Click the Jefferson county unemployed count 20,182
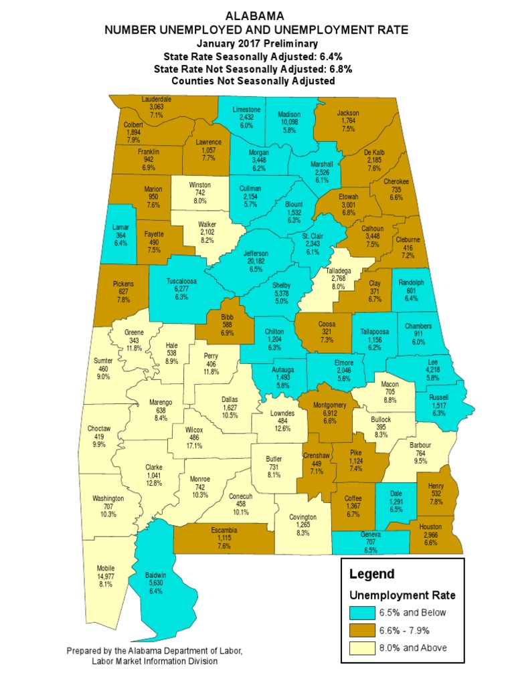[255, 263]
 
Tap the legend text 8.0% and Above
[414, 648]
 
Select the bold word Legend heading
[371, 574]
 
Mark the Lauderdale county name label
[157, 99]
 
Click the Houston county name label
[430, 527]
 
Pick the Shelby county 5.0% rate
[282, 302]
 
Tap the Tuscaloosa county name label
[181, 282]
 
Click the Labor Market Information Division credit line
[154, 661]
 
